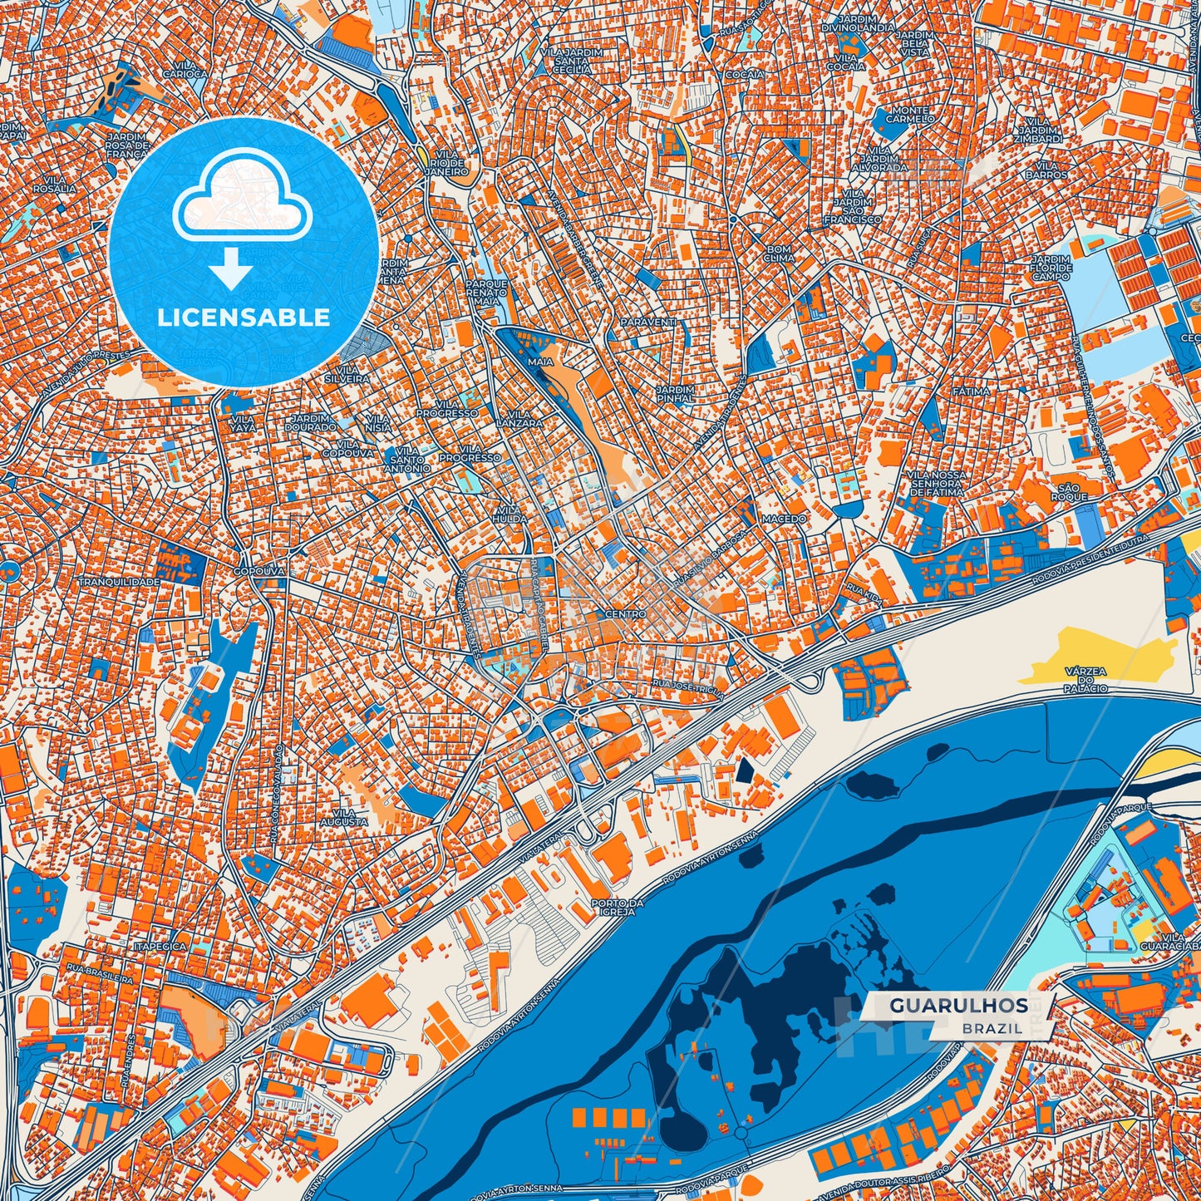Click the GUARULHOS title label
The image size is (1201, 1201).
pos(958,1005)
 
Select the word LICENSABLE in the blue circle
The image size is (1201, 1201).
pos(244,317)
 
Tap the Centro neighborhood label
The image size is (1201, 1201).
pos(625,613)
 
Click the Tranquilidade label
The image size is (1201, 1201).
pos(119,582)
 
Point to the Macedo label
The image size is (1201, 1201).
pos(784,519)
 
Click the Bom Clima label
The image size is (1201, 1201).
pos(779,253)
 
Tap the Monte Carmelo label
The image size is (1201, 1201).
pos(909,115)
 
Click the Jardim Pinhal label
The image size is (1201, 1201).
pos(674,394)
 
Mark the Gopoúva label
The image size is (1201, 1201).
pos(258,571)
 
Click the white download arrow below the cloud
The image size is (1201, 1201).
pos(231,271)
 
